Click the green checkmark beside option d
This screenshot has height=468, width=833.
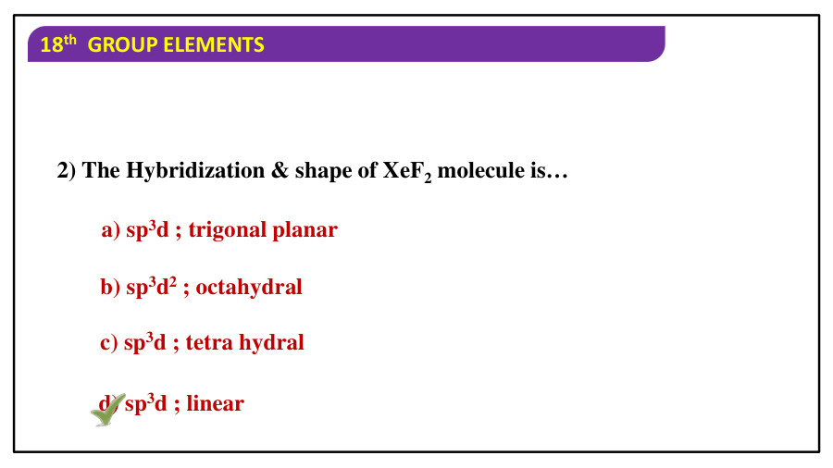[x=108, y=410]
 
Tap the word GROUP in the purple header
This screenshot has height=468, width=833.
[x=122, y=45]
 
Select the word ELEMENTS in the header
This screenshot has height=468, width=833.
[x=214, y=45]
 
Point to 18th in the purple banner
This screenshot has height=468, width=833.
[x=58, y=44]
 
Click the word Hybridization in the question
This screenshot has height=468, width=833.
[x=195, y=171]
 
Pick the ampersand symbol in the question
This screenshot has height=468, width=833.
[x=280, y=171]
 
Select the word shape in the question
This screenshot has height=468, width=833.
[x=324, y=171]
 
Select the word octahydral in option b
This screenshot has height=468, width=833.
[x=249, y=288]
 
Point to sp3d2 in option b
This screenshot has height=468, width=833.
[x=152, y=288]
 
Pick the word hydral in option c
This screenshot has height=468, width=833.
[x=271, y=343]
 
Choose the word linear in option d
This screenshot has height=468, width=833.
[x=215, y=404]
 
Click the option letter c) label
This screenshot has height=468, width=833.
[x=109, y=343]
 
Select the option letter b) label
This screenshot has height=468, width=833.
[x=110, y=288]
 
